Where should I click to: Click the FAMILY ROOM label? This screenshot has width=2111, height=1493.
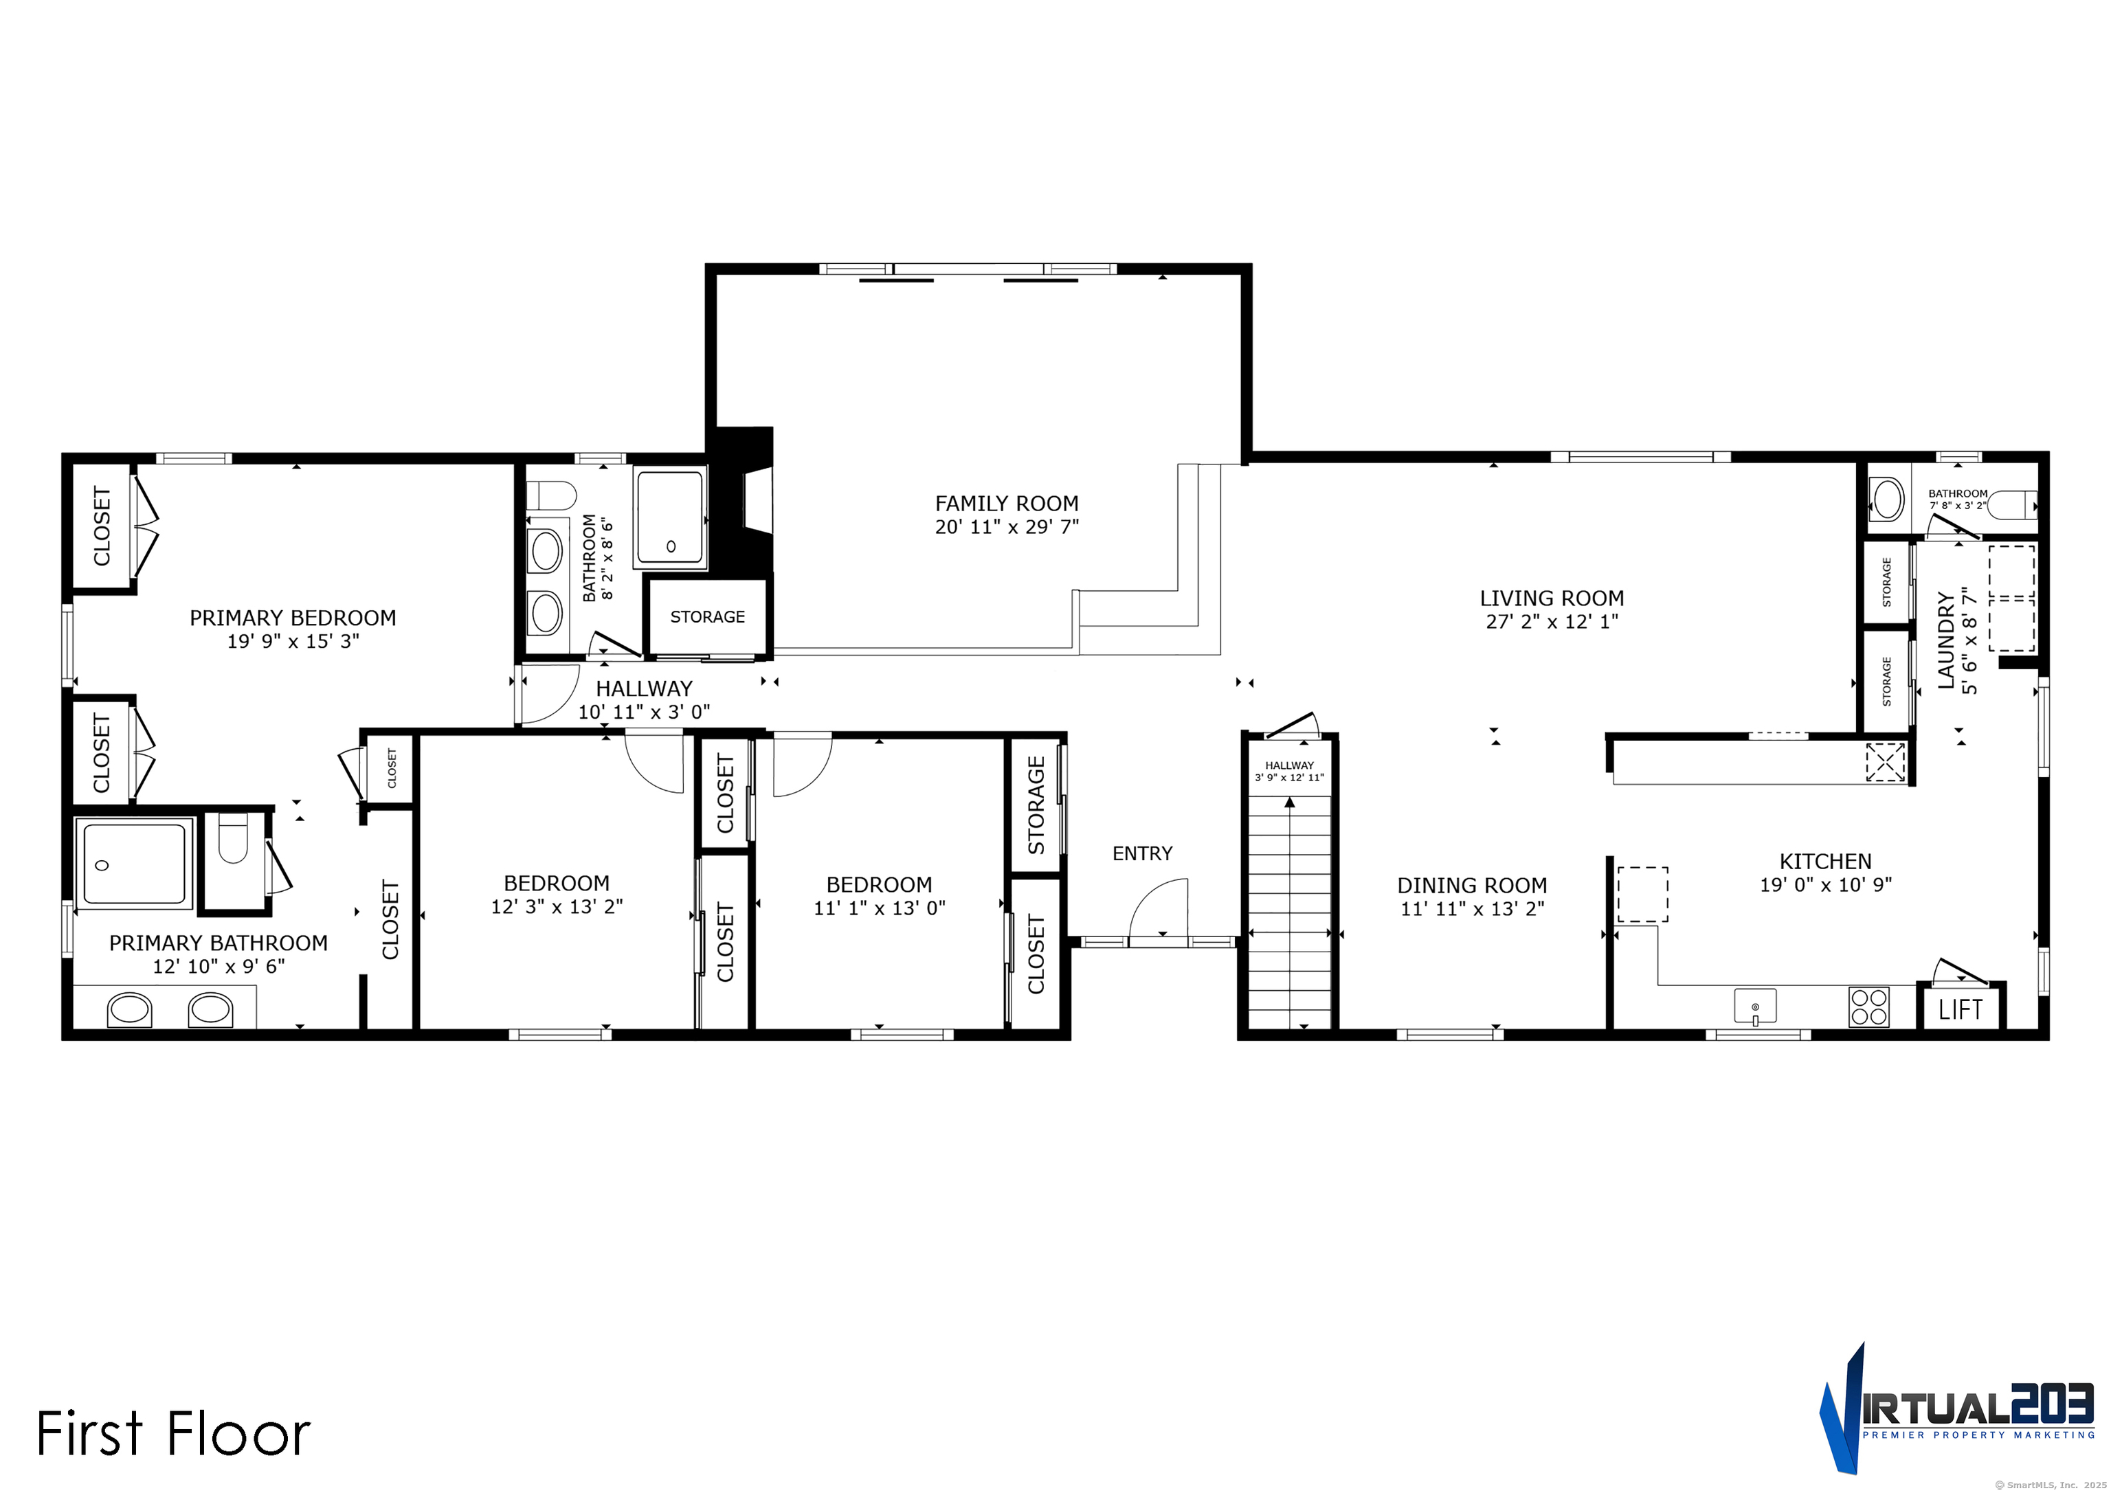pos(1006,504)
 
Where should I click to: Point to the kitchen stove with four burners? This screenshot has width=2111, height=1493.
pos(1868,1007)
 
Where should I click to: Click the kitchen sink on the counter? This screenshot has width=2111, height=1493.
pos(1754,1006)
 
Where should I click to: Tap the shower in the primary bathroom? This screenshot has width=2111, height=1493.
pos(134,864)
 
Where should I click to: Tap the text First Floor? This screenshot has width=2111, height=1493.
pos(173,1434)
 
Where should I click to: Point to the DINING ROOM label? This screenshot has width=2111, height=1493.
pos(1471,886)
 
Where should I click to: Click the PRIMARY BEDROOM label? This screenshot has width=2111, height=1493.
pos(292,618)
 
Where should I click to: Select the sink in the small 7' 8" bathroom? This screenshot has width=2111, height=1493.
pos(1887,500)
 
